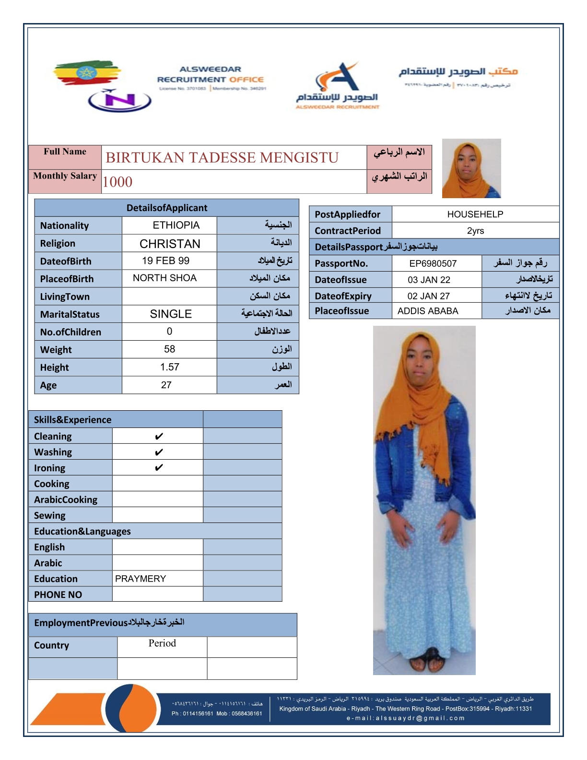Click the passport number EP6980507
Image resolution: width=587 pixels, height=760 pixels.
(433, 263)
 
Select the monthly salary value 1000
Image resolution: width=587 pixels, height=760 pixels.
(117, 182)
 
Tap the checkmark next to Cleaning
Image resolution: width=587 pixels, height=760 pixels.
(159, 436)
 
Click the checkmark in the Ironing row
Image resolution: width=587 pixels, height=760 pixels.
(159, 467)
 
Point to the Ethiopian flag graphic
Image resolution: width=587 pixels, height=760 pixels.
(86, 73)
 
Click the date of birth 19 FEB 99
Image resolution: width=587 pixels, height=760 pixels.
(165, 261)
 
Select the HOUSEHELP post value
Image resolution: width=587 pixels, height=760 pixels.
(475, 214)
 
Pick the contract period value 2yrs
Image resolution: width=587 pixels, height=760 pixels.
(475, 231)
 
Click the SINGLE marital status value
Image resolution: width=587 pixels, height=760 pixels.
(171, 314)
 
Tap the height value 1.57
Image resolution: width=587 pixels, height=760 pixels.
(169, 367)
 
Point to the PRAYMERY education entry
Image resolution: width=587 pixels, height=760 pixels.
(141, 579)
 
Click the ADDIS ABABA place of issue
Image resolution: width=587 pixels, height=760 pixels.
(428, 311)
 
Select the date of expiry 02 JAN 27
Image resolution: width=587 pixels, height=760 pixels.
(428, 296)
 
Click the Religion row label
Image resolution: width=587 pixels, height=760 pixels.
(58, 243)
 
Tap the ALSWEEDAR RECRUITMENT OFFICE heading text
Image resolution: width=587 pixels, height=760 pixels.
(211, 75)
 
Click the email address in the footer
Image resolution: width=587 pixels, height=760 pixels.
(405, 718)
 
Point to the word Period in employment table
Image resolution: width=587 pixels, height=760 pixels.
(162, 643)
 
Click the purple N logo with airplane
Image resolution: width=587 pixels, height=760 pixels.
(120, 100)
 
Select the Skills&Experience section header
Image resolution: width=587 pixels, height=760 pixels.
(72, 420)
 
